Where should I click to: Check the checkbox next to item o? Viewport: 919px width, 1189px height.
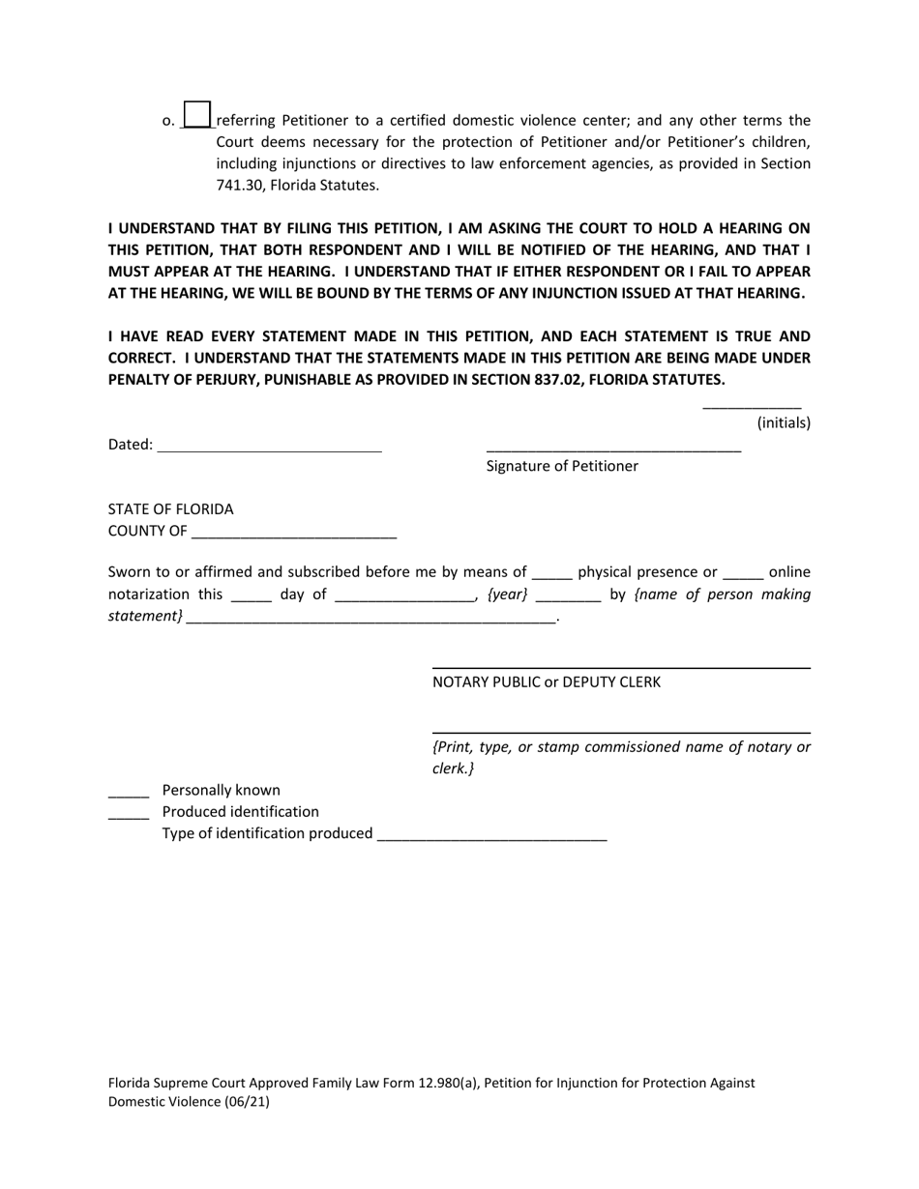pyautogui.click(x=196, y=115)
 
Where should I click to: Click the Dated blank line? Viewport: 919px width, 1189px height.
pyautogui.click(x=269, y=447)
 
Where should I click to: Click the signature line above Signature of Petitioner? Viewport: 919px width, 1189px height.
pyautogui.click(x=613, y=448)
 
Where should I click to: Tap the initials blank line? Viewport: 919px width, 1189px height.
pyautogui.click(x=752, y=406)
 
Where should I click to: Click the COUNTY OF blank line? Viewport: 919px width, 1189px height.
pyautogui.click(x=294, y=533)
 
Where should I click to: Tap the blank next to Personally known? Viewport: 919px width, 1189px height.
pyautogui.click(x=128, y=793)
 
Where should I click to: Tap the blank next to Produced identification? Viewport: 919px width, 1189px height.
pyautogui.click(x=128, y=814)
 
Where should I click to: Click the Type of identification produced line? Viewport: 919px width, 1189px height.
pyautogui.click(x=491, y=836)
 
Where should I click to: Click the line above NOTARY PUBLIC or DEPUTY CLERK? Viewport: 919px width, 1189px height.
pyautogui.click(x=620, y=666)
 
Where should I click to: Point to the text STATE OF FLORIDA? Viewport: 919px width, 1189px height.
pyautogui.click(x=170, y=509)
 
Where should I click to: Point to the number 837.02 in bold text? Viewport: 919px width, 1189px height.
pyautogui.click(x=563, y=379)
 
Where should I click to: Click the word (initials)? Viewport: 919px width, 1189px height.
pyautogui.click(x=784, y=422)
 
